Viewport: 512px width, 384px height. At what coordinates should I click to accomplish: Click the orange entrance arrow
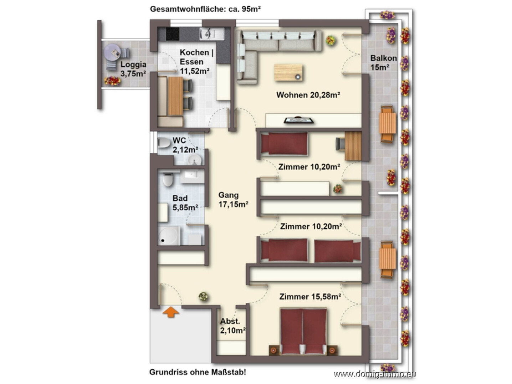pos(171,312)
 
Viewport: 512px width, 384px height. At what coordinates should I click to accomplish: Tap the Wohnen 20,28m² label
pos(308,95)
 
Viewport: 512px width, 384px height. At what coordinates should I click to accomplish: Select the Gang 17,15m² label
pos(233,200)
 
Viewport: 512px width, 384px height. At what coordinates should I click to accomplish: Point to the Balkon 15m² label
pos(383,63)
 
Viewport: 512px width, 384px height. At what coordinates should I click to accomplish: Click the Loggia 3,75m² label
pos(133,69)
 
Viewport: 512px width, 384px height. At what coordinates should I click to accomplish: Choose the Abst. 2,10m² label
pos(232,326)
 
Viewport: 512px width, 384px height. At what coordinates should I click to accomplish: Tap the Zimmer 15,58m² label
pos(310,297)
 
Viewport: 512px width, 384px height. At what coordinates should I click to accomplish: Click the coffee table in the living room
pos(288,72)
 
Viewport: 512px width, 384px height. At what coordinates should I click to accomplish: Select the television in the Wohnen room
pos(298,120)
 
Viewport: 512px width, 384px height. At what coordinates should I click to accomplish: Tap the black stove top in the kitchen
pos(173,34)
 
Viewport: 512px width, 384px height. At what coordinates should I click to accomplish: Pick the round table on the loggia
pos(112,52)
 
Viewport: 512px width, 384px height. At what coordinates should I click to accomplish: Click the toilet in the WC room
pos(164,143)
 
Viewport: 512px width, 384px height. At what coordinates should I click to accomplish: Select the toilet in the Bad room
pos(168,179)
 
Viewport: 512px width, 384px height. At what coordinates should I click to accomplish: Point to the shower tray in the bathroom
pos(169,236)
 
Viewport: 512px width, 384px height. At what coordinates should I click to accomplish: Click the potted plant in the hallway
pos(203,297)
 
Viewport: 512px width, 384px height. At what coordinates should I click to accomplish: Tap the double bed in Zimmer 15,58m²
pos(303,332)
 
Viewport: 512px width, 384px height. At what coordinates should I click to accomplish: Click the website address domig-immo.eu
pos(375,374)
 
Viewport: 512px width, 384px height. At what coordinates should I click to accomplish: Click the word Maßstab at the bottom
pos(228,372)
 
